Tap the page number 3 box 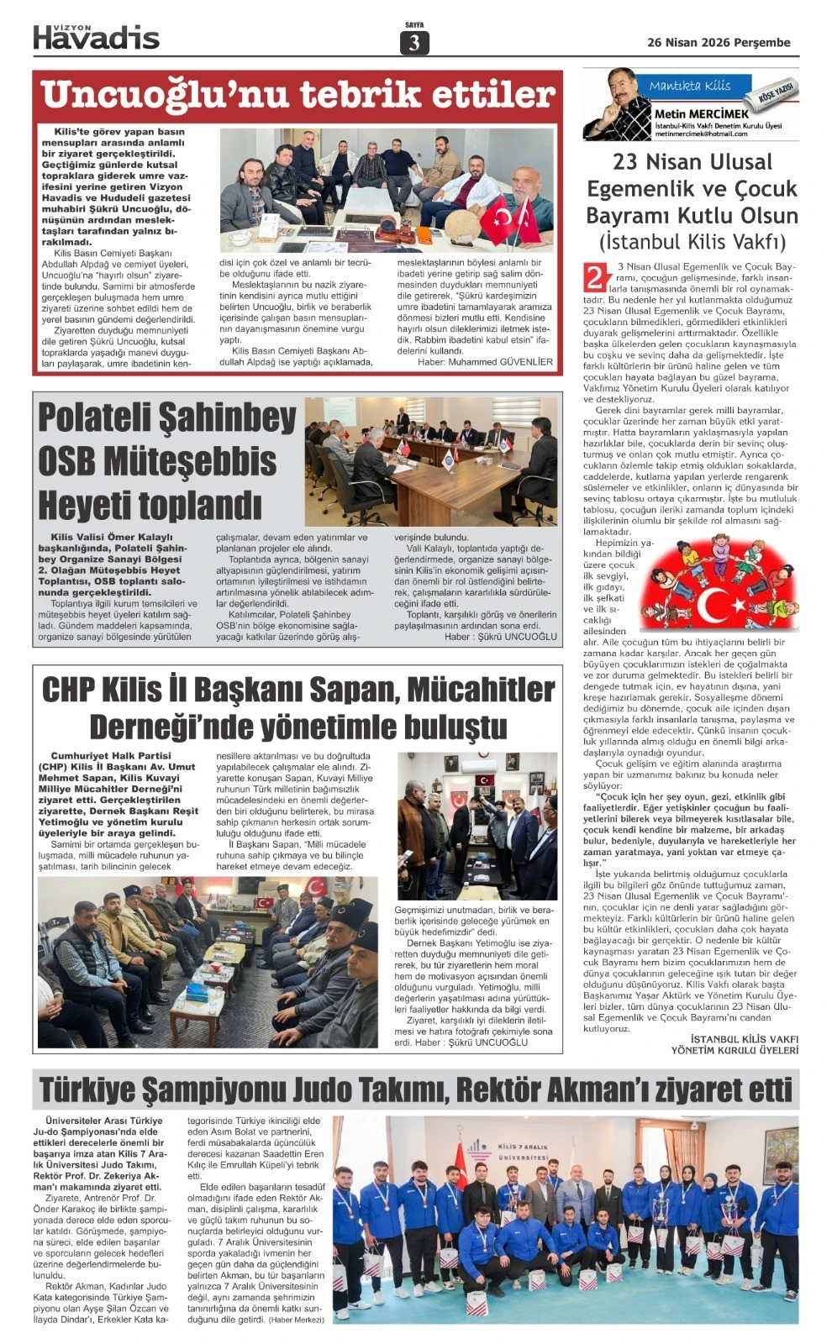(413, 43)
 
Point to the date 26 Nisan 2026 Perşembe (719, 43)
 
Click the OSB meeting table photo (430, 461)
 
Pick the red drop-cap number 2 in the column (595, 278)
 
